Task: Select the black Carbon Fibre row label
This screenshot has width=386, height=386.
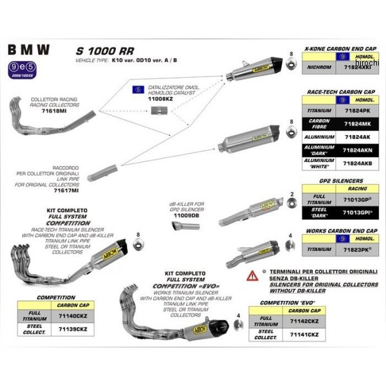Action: coord(320,124)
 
